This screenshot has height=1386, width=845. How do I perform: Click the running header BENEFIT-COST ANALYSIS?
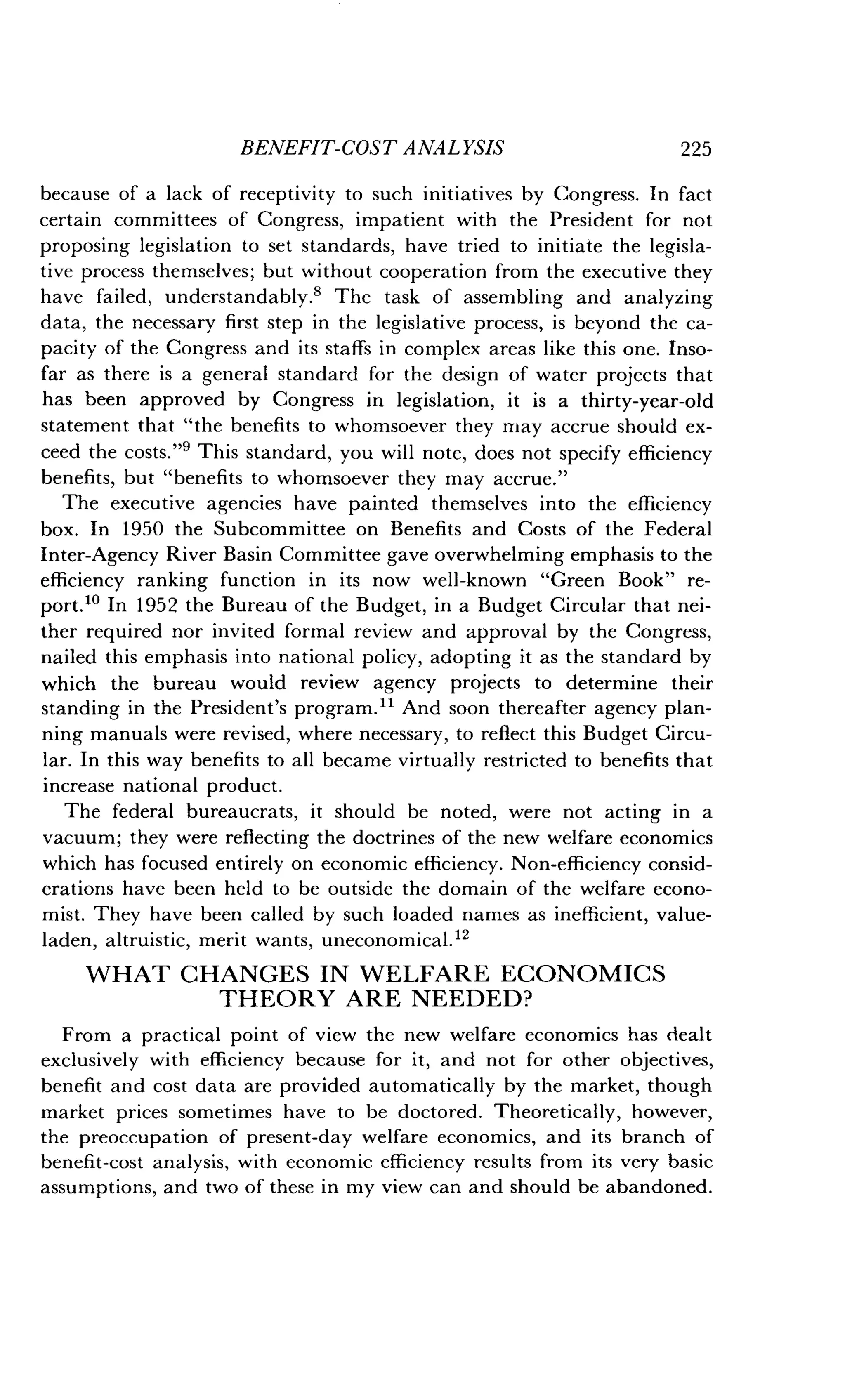click(372, 148)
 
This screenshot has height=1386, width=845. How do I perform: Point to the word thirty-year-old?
click(647, 401)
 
